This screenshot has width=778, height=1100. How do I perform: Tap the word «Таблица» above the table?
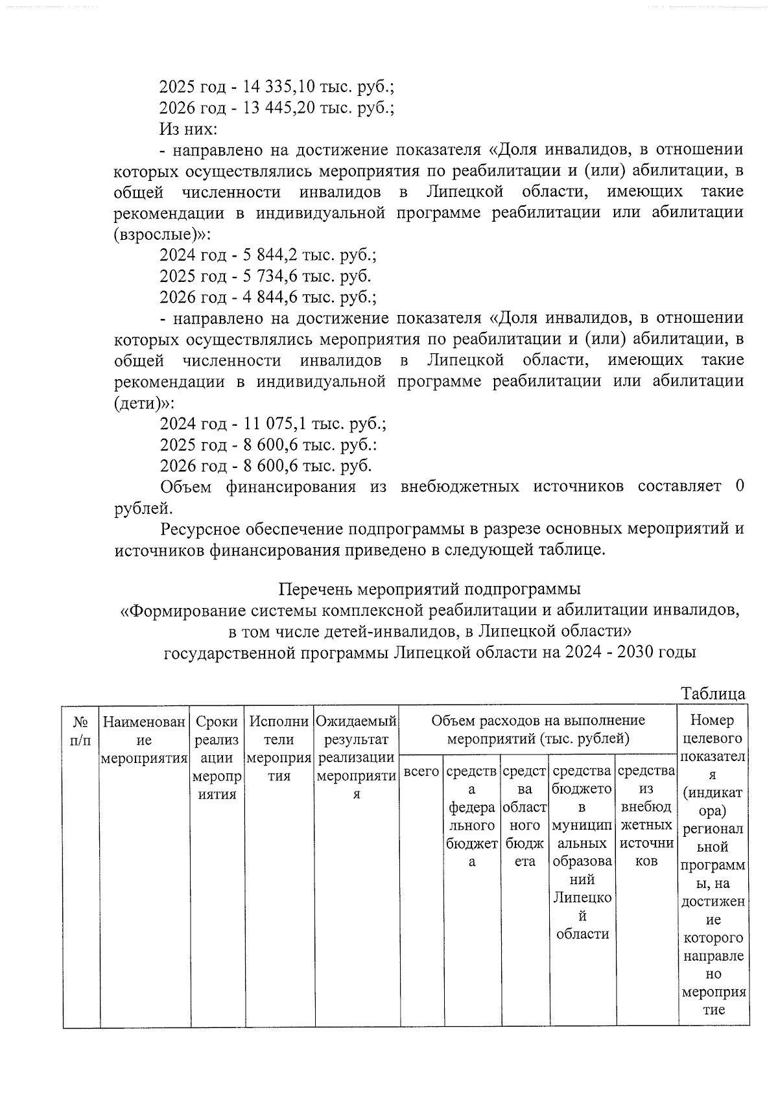pos(713,693)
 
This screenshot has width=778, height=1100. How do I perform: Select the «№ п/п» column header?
pos(81,730)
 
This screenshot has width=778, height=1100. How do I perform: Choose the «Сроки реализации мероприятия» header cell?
pos(217,758)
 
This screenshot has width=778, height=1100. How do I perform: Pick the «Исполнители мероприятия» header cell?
pos(279,748)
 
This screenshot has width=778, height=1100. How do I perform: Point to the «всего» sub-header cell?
pos(421,771)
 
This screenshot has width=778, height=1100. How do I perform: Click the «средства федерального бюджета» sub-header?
pos(472,816)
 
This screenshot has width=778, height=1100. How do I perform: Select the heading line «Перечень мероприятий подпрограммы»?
pos(430,589)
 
